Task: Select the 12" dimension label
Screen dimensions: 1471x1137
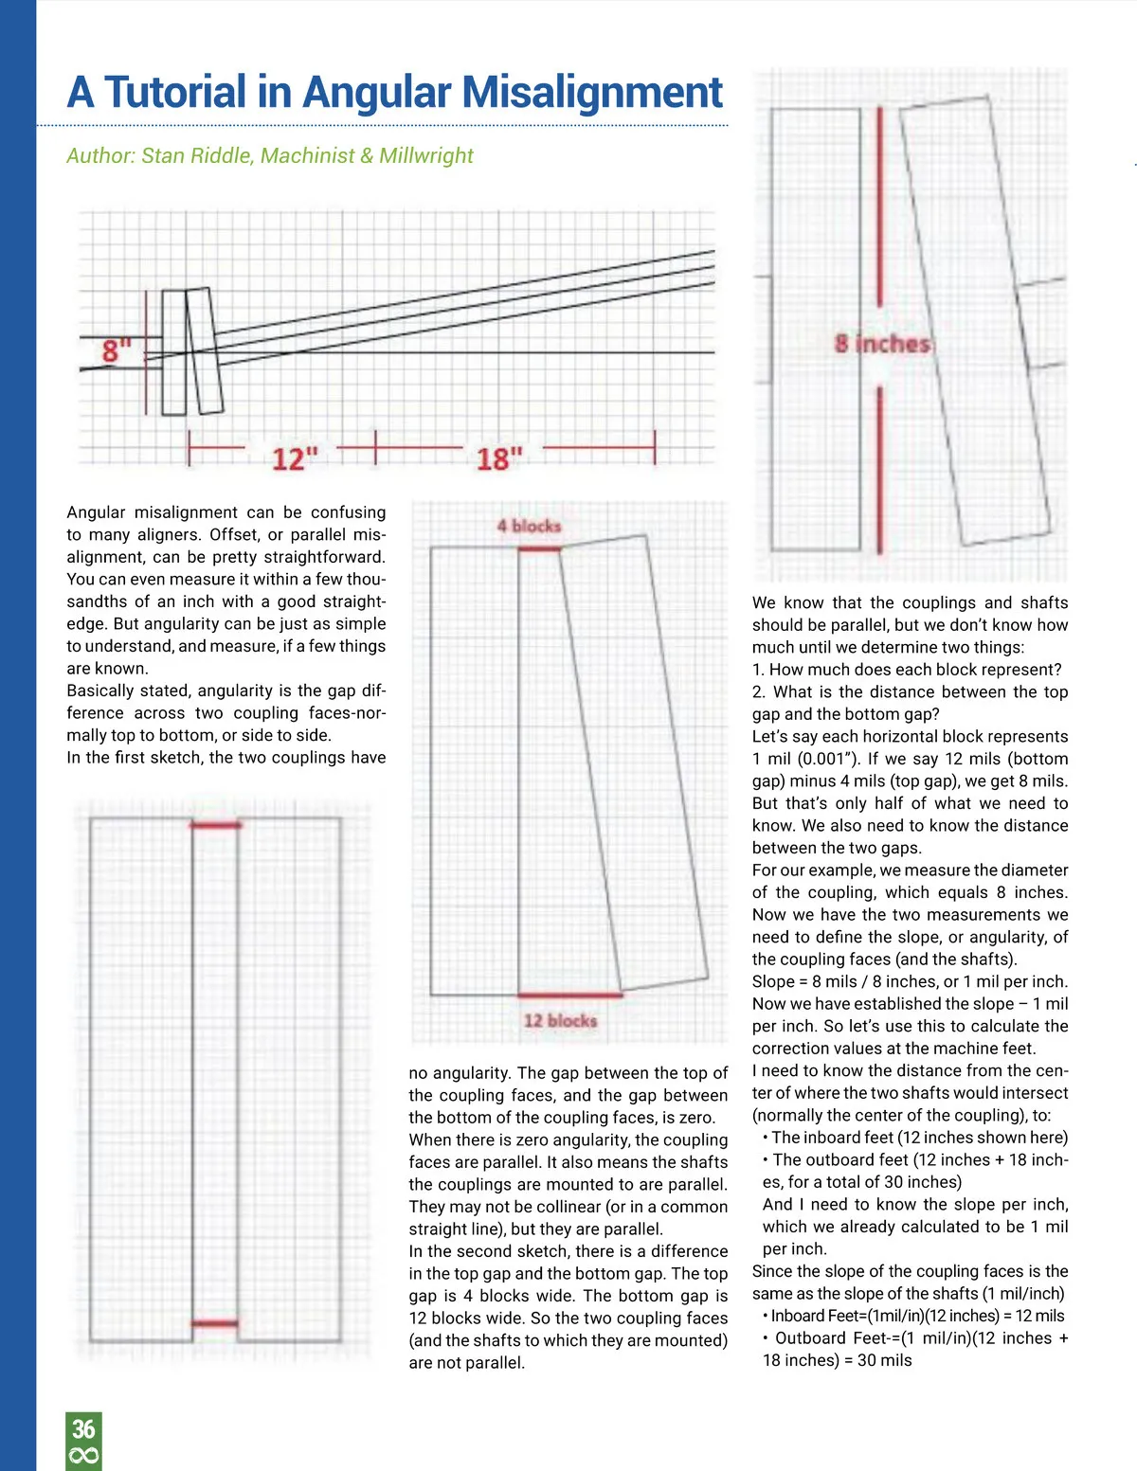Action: (295, 459)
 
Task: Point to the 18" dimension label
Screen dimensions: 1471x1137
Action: (499, 459)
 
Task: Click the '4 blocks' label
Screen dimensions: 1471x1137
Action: (529, 526)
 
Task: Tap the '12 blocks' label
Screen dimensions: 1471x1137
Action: (560, 1021)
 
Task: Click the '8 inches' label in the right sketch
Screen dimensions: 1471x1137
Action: (883, 343)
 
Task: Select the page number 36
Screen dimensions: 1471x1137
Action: (83, 1428)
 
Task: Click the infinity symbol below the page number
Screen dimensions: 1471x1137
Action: (83, 1456)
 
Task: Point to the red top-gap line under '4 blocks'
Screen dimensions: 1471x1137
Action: (539, 548)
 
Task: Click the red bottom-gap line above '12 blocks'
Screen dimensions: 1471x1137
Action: (569, 996)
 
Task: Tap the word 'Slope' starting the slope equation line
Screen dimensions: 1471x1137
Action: (773, 981)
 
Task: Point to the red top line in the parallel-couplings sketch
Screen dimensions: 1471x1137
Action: (215, 825)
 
